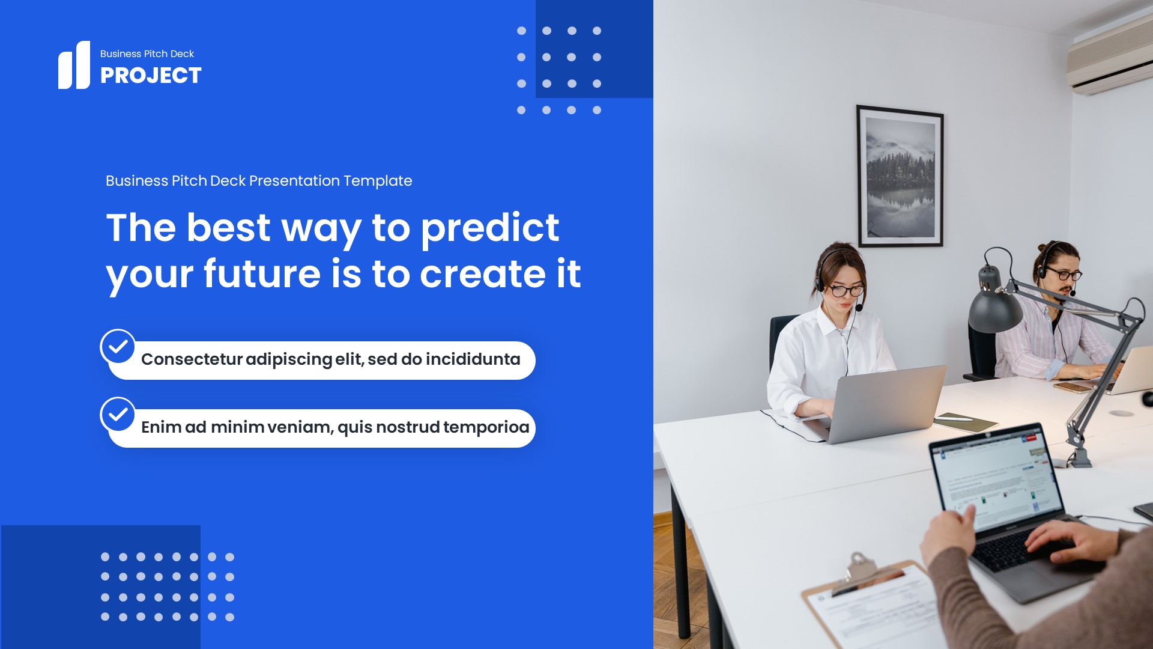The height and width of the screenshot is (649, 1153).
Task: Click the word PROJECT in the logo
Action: click(x=151, y=76)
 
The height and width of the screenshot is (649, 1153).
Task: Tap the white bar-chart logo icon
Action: click(x=74, y=66)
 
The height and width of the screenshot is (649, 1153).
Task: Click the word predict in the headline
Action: click(x=490, y=228)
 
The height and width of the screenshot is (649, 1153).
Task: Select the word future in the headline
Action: click(x=262, y=274)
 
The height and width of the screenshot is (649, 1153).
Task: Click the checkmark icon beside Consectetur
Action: click(x=118, y=346)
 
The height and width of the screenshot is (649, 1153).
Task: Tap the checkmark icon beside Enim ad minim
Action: click(x=118, y=414)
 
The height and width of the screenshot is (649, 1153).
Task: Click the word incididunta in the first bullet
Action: click(x=473, y=359)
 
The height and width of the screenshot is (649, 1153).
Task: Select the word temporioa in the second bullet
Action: click(x=486, y=427)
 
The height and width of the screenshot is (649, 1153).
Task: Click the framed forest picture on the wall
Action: click(x=900, y=176)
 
